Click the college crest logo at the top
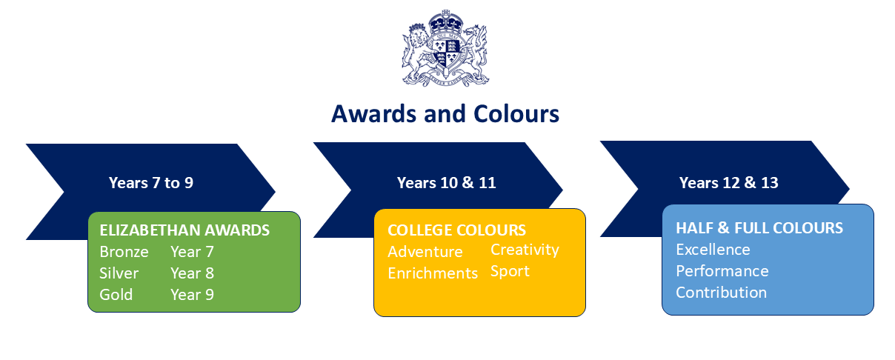tap(446, 48)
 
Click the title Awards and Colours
tap(445, 114)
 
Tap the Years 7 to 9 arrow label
tap(151, 183)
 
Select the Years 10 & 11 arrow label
tap(446, 183)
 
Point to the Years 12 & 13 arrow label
tap(729, 183)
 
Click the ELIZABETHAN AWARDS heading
tap(185, 230)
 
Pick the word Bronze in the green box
tap(124, 252)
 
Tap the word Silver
tap(119, 273)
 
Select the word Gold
tap(116, 295)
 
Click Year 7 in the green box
tap(191, 252)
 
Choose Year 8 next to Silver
tap(192, 273)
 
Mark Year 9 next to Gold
tap(192, 295)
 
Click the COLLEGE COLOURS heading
tap(457, 230)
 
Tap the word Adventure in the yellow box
tap(425, 252)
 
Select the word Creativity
tap(525, 250)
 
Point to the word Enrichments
tap(433, 273)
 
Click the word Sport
tap(510, 271)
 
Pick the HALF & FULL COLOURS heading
tap(759, 227)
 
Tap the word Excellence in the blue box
tap(713, 249)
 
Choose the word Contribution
tap(721, 293)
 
